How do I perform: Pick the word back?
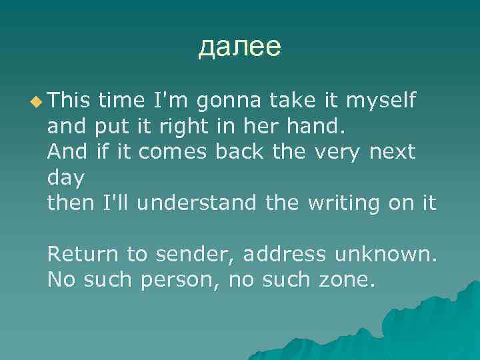(241, 151)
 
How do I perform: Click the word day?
(66, 177)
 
